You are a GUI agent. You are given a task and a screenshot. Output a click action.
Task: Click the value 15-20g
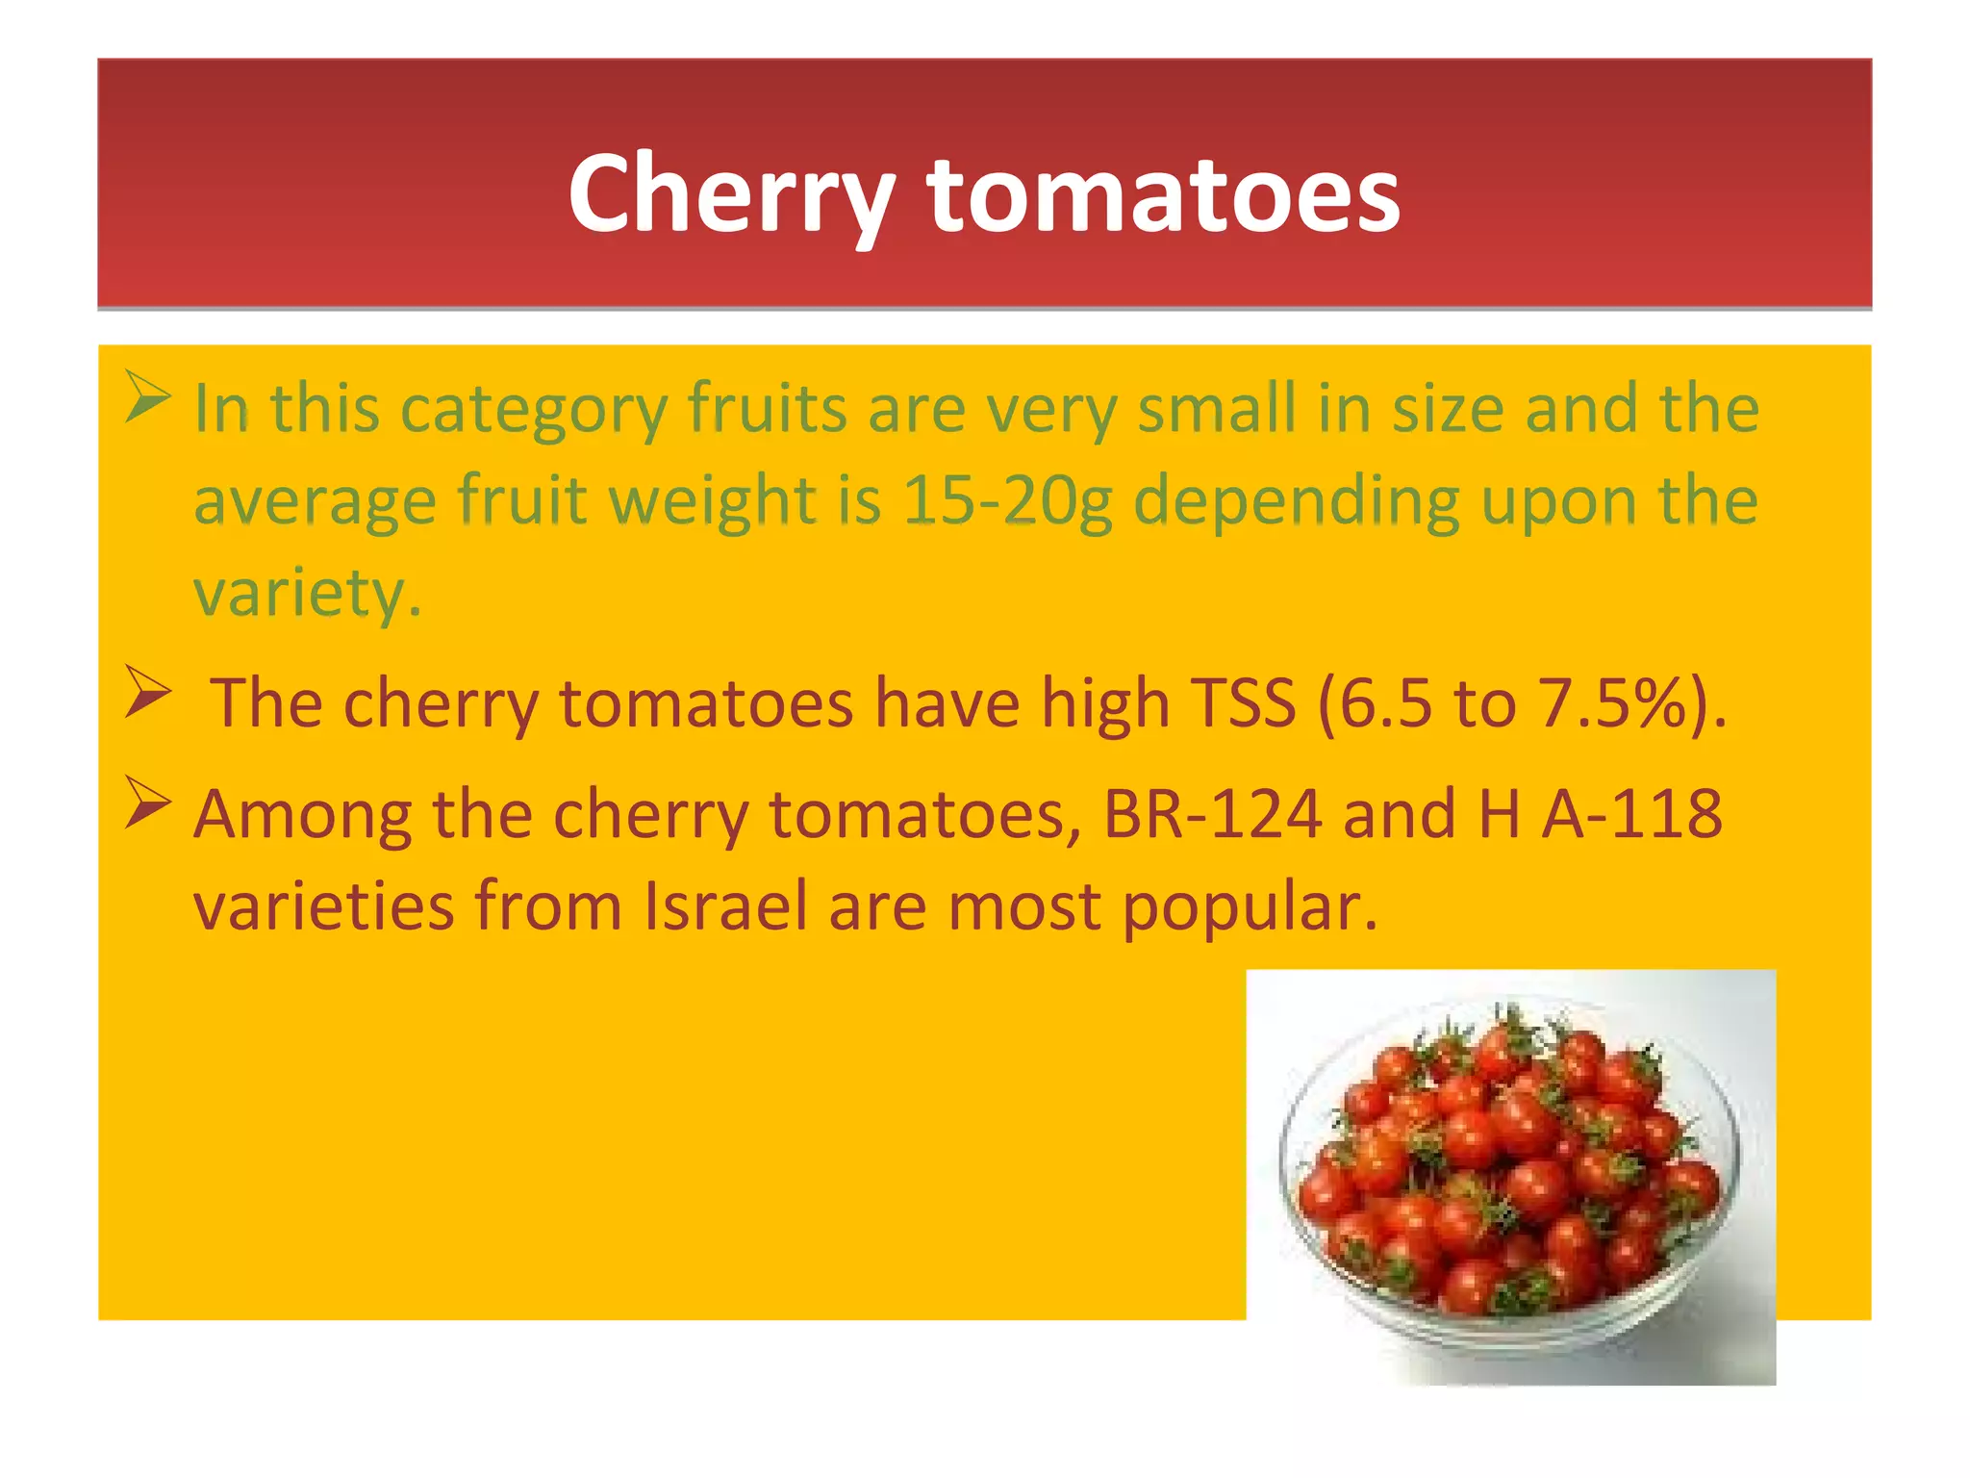[1007, 501]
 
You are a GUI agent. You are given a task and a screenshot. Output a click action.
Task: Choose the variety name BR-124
[1212, 814]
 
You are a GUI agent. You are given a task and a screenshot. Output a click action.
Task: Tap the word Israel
[725, 905]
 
